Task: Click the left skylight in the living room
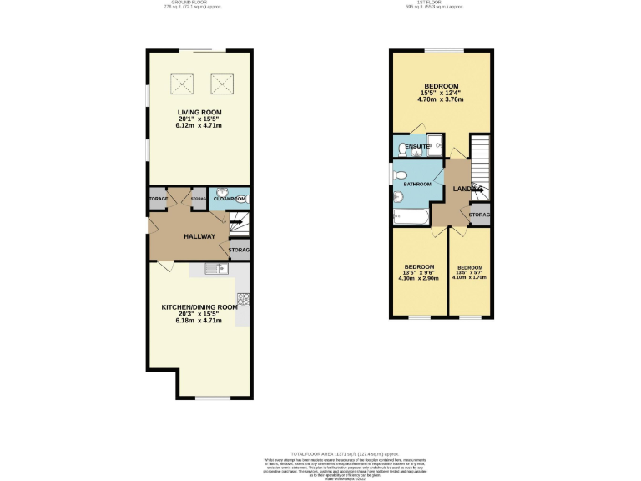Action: point(181,83)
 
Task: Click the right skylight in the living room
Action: point(220,83)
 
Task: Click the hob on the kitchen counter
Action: point(243,298)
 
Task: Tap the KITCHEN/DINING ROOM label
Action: point(199,307)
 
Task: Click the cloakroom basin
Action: point(223,192)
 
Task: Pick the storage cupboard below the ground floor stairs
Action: point(239,250)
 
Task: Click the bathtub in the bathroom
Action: point(411,219)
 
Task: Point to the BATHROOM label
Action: point(417,184)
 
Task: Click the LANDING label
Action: point(467,189)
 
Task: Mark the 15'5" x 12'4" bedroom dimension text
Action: point(440,93)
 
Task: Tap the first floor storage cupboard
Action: point(479,215)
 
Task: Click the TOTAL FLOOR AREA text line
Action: point(320,452)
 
